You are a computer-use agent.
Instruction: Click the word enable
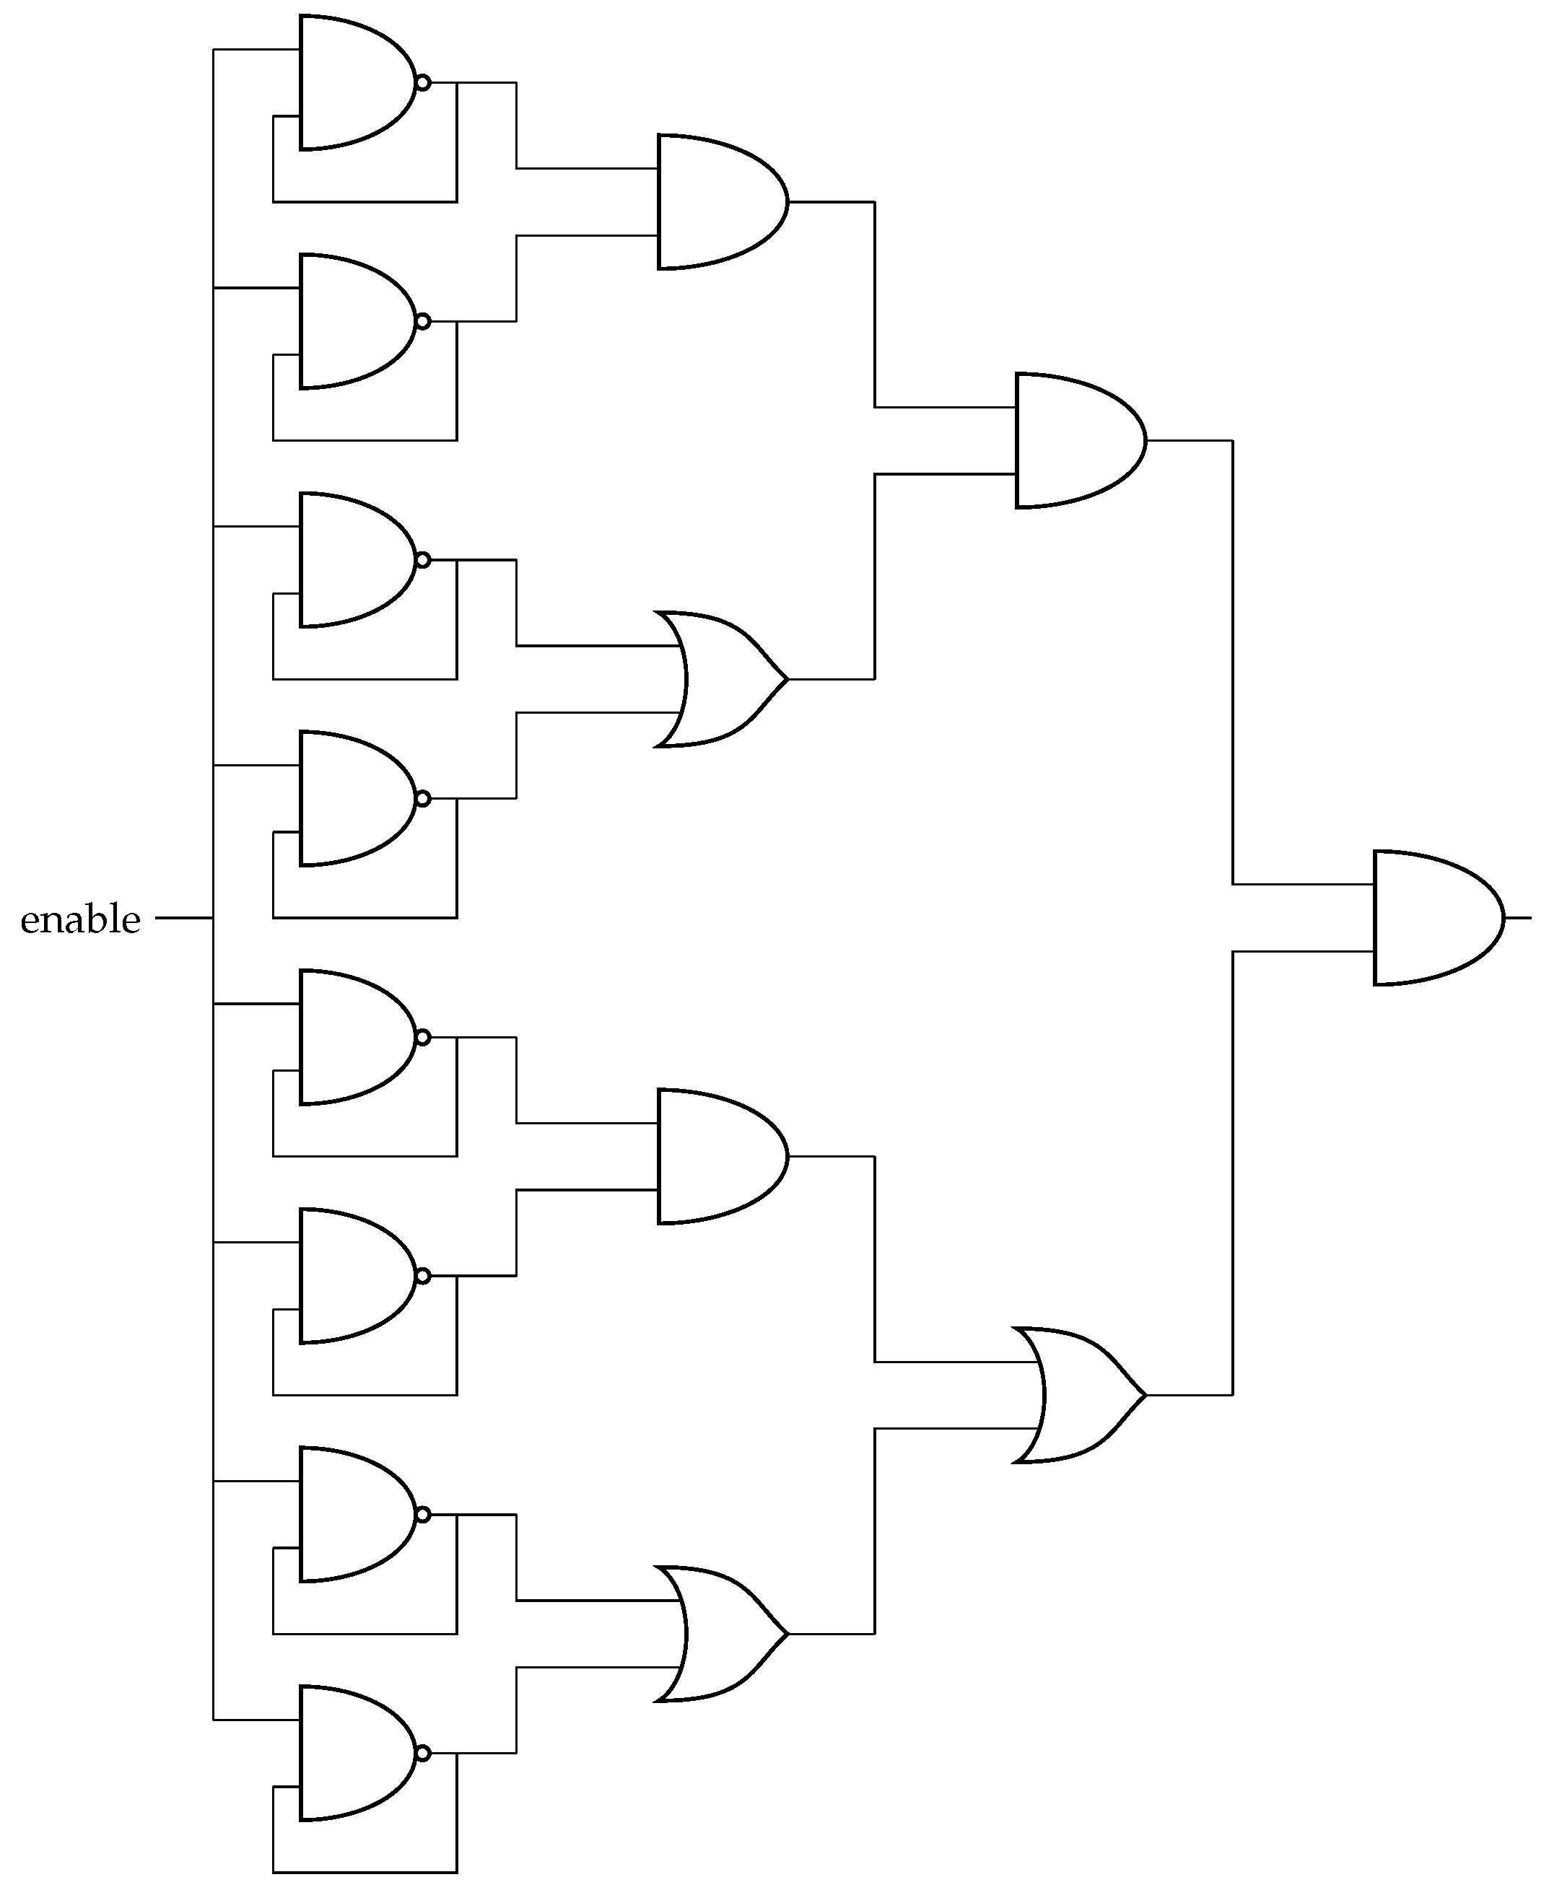click(80, 919)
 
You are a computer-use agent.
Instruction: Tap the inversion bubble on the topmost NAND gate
click(423, 83)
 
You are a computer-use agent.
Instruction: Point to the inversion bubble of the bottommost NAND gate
click(423, 1753)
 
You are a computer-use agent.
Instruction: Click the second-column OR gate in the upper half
click(719, 679)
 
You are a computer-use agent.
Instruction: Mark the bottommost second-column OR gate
click(719, 1633)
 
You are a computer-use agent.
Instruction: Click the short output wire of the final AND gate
click(1519, 917)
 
